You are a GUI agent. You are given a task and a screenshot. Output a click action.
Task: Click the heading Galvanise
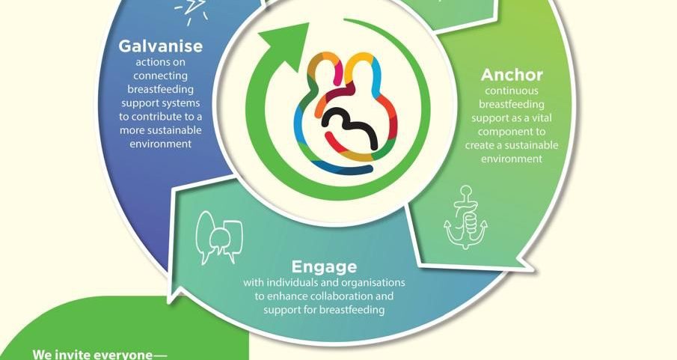click(x=161, y=46)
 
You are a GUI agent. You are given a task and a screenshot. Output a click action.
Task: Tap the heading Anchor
click(x=512, y=75)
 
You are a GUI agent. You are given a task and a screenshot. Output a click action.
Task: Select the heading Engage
click(x=324, y=266)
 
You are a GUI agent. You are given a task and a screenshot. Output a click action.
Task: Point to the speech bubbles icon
click(x=219, y=237)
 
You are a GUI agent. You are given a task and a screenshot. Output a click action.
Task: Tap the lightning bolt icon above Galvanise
click(x=191, y=10)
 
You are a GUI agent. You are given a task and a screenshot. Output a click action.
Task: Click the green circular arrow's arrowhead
click(x=286, y=44)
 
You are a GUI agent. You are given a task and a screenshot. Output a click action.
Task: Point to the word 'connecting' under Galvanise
click(x=160, y=76)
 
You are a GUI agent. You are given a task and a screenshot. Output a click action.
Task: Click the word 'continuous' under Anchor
click(x=512, y=91)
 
